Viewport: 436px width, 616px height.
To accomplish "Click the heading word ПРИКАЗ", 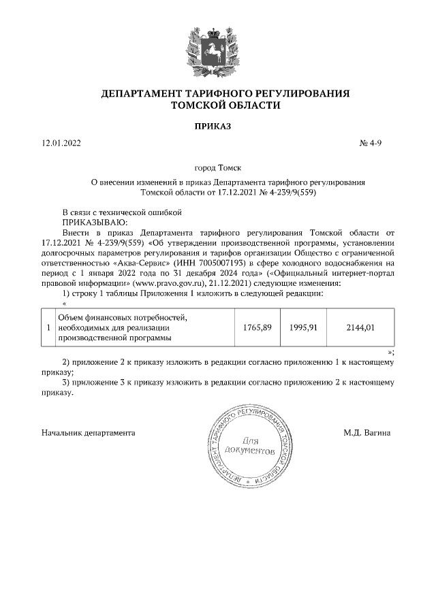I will pos(217,126).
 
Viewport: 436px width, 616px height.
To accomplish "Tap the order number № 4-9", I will pos(375,144).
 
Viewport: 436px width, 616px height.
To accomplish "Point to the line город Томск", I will pos(217,167).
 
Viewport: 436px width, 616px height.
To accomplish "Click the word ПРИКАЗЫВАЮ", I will pos(94,221).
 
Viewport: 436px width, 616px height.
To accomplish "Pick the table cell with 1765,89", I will pos(258,327).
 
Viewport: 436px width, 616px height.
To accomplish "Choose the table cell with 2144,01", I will pos(360,327).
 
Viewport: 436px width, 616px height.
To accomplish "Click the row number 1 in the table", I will pos(48,327).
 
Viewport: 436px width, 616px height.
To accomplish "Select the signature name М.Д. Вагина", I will pos(367,433).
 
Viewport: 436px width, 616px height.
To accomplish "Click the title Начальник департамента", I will pos(88,433).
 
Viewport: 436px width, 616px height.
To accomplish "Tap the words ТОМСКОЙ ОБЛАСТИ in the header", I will pos(217,106).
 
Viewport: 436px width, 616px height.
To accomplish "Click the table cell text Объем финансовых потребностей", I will pos(122,317).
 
